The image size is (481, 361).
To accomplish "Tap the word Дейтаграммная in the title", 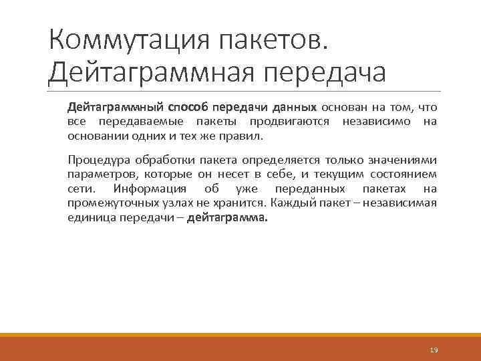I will pyautogui.click(x=148, y=72).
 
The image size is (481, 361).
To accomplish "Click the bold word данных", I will pyautogui.click(x=294, y=108).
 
